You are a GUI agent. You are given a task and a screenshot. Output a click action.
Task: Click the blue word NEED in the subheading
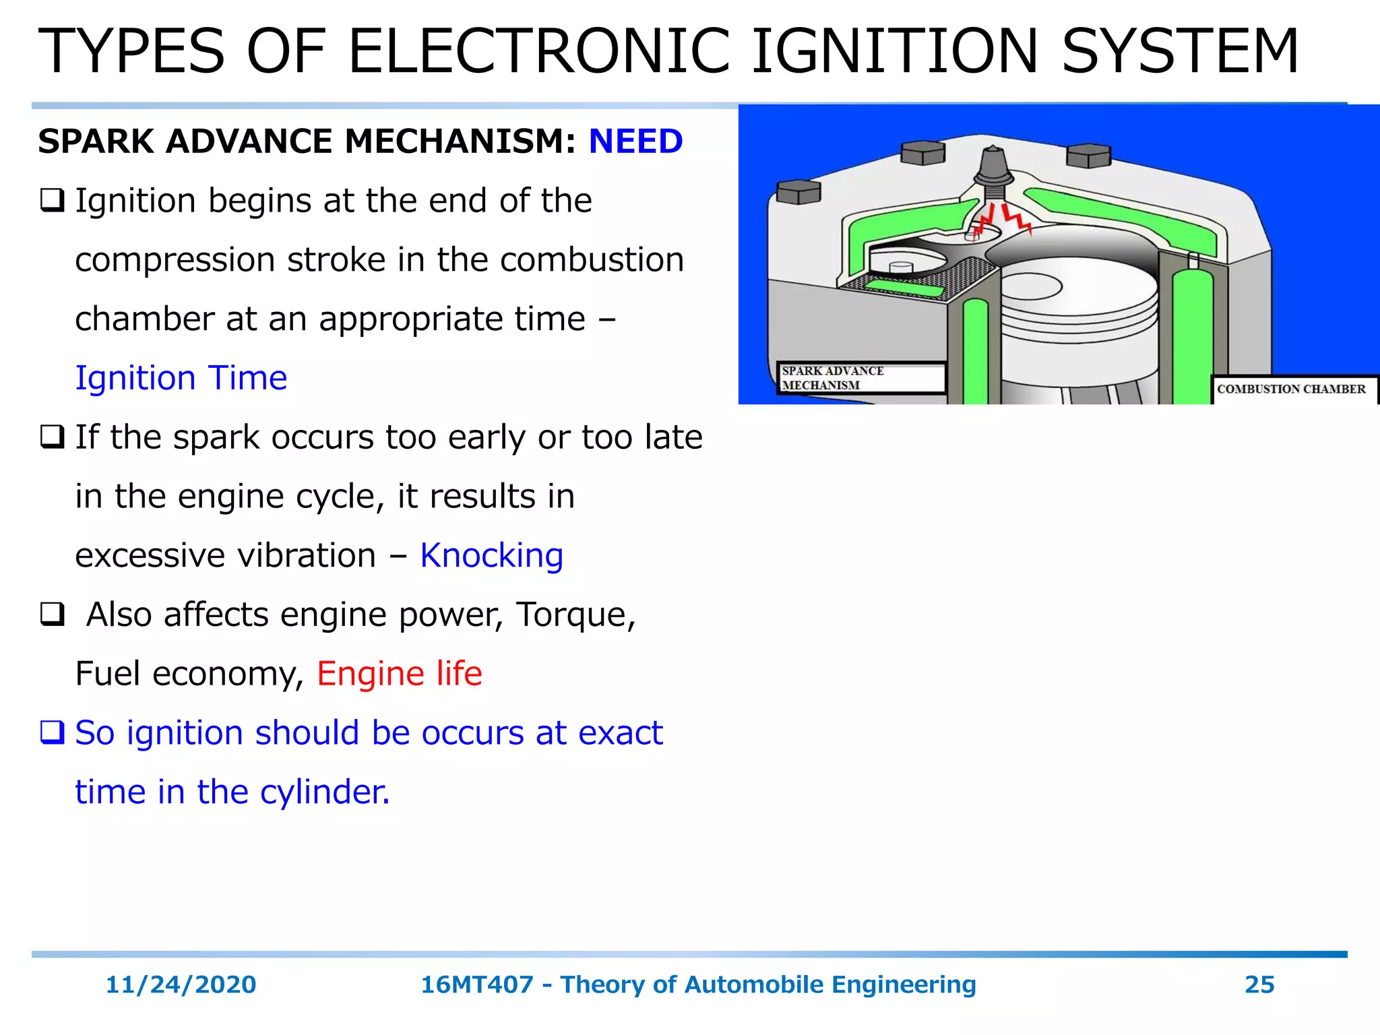tap(635, 142)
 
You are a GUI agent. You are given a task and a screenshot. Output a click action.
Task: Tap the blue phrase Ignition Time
tap(181, 378)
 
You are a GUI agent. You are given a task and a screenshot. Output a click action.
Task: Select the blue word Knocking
tap(491, 556)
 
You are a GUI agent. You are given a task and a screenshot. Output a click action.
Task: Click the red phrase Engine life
tap(400, 674)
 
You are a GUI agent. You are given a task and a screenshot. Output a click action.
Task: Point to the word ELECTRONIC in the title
tap(538, 52)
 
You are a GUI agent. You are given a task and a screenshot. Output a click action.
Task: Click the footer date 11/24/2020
tap(181, 984)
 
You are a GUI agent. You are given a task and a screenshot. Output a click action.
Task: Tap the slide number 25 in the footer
tap(1259, 984)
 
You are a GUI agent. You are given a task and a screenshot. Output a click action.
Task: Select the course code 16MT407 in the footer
tap(477, 984)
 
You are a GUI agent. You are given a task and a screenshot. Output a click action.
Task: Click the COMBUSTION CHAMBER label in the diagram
tap(1291, 389)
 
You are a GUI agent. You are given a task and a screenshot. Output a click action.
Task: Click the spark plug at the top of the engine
tap(993, 168)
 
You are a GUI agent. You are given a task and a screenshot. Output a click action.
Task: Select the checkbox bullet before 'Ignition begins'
tap(52, 201)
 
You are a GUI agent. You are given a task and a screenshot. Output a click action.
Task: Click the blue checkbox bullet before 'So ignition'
tap(52, 732)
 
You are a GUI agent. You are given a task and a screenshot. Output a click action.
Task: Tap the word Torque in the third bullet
tap(574, 615)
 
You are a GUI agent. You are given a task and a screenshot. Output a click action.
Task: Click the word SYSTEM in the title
tap(1179, 52)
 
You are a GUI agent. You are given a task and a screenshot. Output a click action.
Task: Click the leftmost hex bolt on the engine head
tap(798, 191)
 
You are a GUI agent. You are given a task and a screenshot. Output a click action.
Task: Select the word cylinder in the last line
tap(324, 792)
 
